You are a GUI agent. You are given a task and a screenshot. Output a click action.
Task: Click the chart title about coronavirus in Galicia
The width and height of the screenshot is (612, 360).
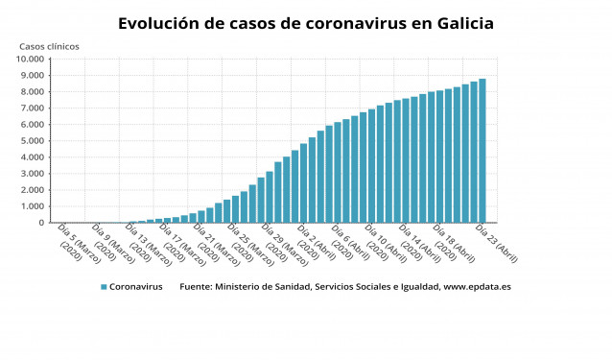click(306, 22)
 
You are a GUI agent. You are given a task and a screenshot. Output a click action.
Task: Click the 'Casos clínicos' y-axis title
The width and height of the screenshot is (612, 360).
click(50, 46)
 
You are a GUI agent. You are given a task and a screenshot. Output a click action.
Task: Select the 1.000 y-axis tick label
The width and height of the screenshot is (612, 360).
click(35, 206)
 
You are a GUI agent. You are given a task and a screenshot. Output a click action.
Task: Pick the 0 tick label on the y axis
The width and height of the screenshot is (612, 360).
click(42, 223)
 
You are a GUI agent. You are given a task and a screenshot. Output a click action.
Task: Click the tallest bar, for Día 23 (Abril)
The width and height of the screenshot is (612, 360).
click(483, 151)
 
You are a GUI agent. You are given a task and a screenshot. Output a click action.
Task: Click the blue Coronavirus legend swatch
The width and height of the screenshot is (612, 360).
click(103, 287)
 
